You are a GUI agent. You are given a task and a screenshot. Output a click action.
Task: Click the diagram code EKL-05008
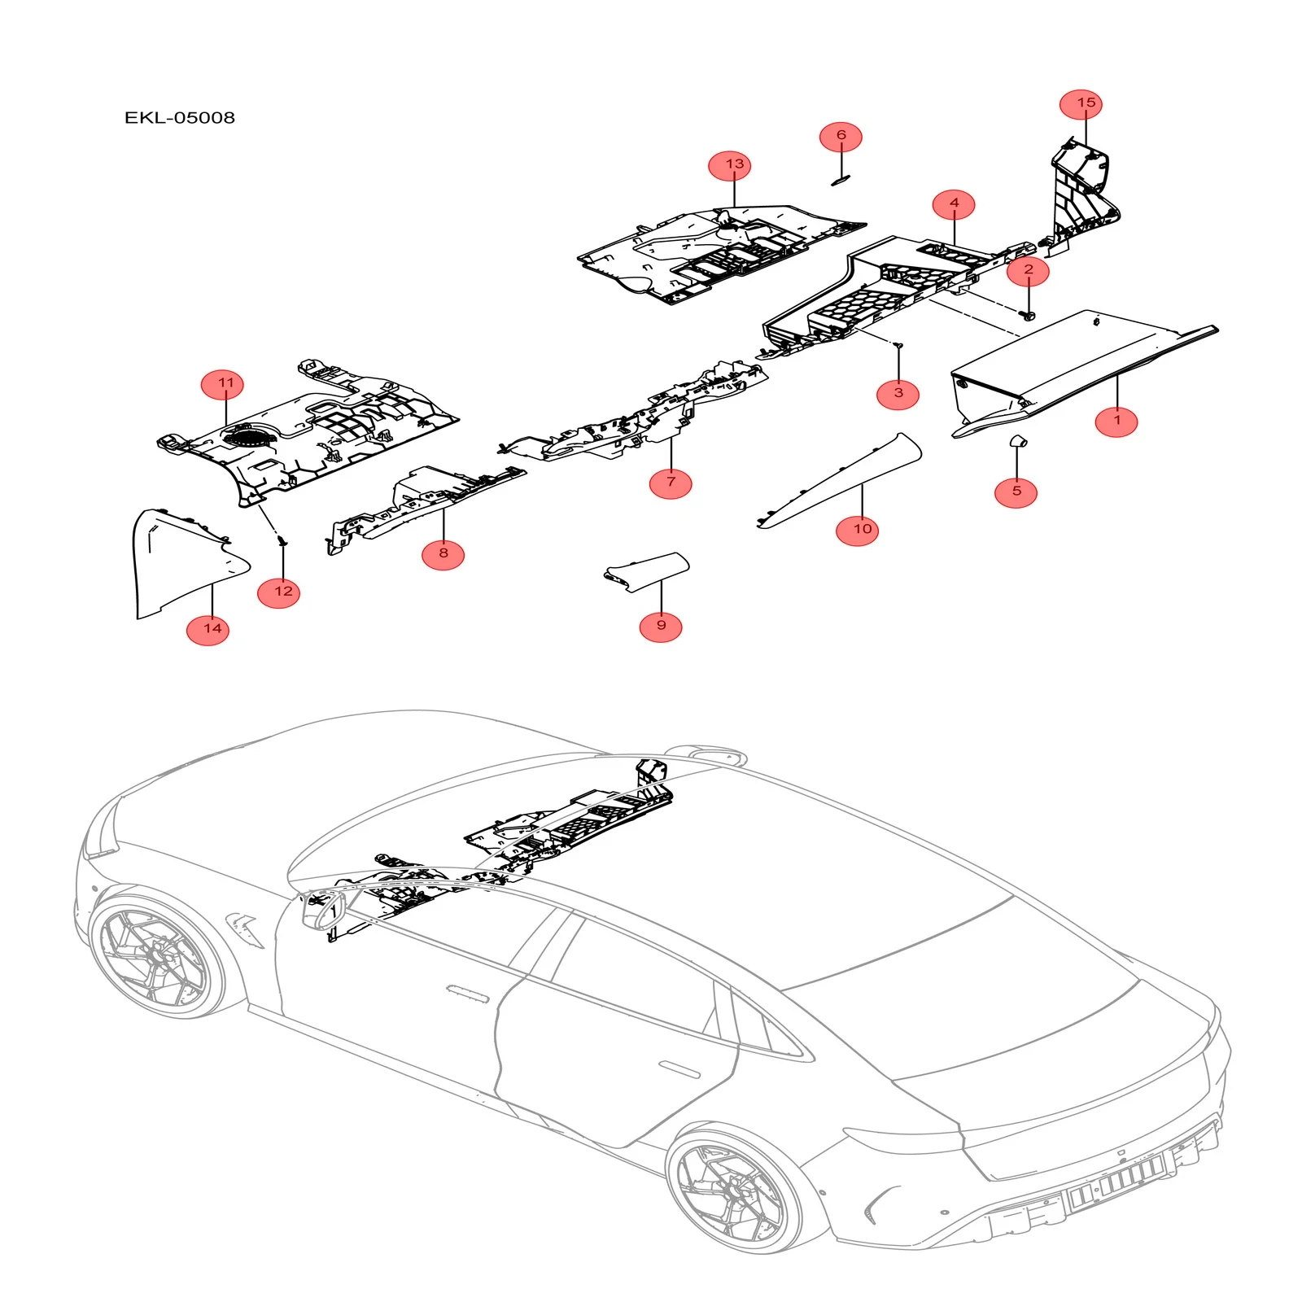(180, 118)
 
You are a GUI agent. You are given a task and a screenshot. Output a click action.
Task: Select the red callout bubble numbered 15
(1086, 103)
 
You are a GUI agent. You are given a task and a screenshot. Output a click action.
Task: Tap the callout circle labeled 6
(841, 136)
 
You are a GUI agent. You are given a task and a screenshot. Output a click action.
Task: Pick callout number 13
(734, 164)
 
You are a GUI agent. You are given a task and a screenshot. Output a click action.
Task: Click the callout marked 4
(954, 203)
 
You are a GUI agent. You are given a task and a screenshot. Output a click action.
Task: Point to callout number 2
(1028, 270)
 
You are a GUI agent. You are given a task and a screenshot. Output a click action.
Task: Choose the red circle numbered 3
(898, 393)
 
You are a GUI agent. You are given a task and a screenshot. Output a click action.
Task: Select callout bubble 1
(1116, 421)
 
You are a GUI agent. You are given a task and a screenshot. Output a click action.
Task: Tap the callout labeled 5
(1016, 492)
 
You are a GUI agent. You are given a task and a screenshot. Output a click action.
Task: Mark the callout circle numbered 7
(671, 482)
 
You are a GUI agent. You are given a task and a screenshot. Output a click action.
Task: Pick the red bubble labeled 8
(443, 553)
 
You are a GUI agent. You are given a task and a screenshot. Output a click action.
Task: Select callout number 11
(225, 383)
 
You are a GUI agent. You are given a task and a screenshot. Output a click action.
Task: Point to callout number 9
(661, 625)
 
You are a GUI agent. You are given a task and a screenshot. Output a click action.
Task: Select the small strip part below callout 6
(840, 180)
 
